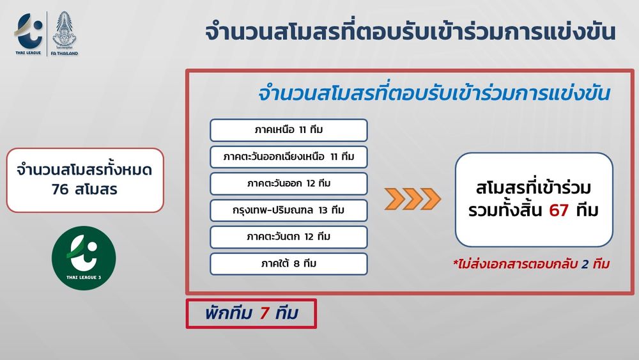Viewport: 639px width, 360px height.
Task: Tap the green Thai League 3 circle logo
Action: pyautogui.click(x=84, y=258)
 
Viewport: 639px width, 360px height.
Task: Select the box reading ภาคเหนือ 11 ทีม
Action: pyautogui.click(x=289, y=130)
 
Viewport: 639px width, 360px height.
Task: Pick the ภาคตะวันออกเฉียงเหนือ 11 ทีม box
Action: pyautogui.click(x=289, y=157)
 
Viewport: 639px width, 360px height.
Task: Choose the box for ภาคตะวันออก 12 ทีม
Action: pyautogui.click(x=289, y=184)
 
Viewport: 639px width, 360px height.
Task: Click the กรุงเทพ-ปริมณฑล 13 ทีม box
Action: pyautogui.click(x=289, y=210)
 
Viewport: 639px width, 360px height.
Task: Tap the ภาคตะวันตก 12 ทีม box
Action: pyautogui.click(x=289, y=237)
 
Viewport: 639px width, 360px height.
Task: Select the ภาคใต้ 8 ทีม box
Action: pyautogui.click(x=289, y=264)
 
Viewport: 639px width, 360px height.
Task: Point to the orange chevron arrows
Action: pyautogui.click(x=412, y=199)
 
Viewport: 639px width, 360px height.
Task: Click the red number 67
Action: pyautogui.click(x=558, y=210)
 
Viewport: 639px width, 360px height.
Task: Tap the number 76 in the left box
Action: pyautogui.click(x=60, y=189)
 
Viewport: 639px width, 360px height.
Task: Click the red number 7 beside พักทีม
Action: pyautogui.click(x=265, y=313)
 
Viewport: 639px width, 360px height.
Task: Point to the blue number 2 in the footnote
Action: pyautogui.click(x=585, y=264)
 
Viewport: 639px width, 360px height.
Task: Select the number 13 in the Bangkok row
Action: pyautogui.click(x=323, y=210)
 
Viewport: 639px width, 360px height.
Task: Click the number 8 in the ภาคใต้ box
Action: pyautogui.click(x=296, y=264)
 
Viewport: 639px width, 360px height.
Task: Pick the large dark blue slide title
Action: pyautogui.click(x=410, y=32)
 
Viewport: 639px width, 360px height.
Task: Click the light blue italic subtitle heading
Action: pyautogui.click(x=434, y=93)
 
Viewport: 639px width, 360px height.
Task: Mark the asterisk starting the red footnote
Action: pyautogui.click(x=456, y=263)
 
